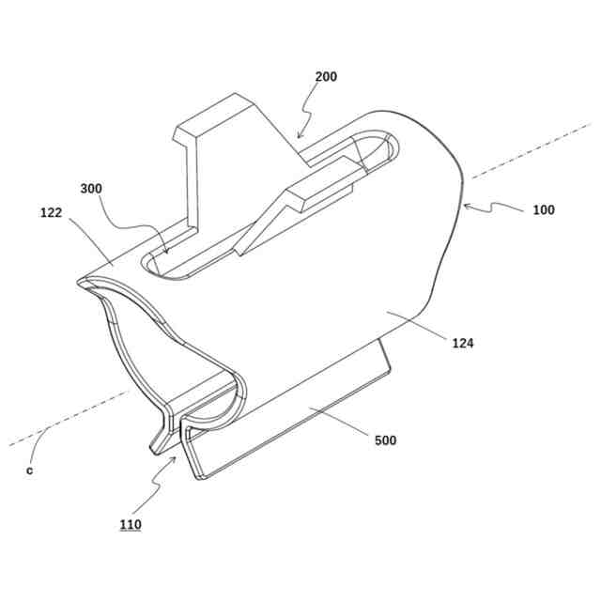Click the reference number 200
pos(326,77)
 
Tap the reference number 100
pos(543,209)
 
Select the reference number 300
pos(91,188)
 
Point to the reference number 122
pos(52,212)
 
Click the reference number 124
pos(462,344)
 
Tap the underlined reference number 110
pos(131,525)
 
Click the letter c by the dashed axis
pos(29,470)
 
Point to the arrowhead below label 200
pos(300,138)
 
